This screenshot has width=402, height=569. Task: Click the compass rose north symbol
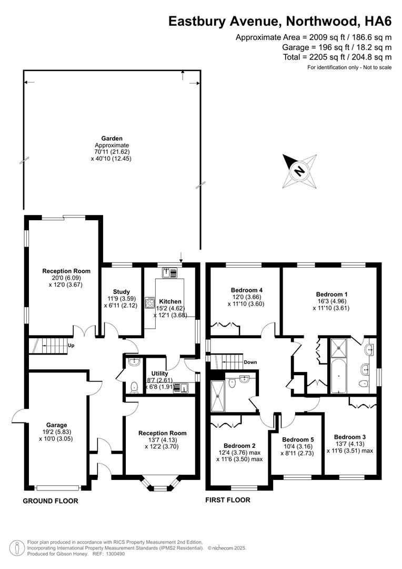(299, 171)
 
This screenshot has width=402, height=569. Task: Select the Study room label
(121, 291)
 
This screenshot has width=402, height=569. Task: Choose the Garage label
(56, 425)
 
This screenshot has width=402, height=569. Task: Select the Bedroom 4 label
(246, 290)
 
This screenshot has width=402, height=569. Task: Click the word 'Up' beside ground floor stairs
(71, 346)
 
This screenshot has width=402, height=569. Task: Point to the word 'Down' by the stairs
(250, 362)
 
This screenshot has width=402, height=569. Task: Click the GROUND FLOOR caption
(51, 501)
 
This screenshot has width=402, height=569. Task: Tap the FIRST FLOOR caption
(228, 500)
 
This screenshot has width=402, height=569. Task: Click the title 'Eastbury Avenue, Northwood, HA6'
(279, 21)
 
